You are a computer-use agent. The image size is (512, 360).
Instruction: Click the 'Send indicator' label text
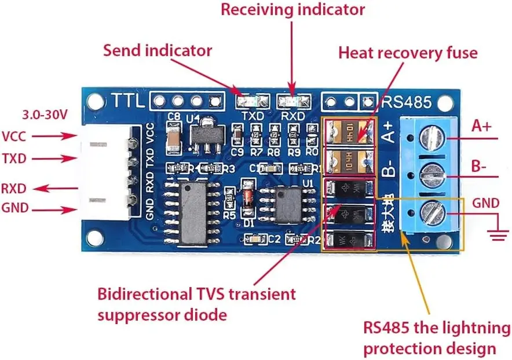click(x=158, y=50)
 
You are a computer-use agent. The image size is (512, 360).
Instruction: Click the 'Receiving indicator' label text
click(x=293, y=10)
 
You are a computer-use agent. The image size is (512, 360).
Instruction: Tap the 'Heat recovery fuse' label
click(x=408, y=53)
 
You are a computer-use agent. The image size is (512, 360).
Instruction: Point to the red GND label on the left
click(x=16, y=208)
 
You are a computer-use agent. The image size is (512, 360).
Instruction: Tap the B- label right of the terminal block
click(x=478, y=166)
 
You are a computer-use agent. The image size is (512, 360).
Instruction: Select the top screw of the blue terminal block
click(x=433, y=137)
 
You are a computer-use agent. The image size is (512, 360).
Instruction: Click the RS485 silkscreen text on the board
click(x=406, y=102)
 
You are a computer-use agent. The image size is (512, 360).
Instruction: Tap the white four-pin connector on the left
click(x=107, y=173)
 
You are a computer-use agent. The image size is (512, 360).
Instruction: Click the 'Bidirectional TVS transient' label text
click(x=197, y=293)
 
